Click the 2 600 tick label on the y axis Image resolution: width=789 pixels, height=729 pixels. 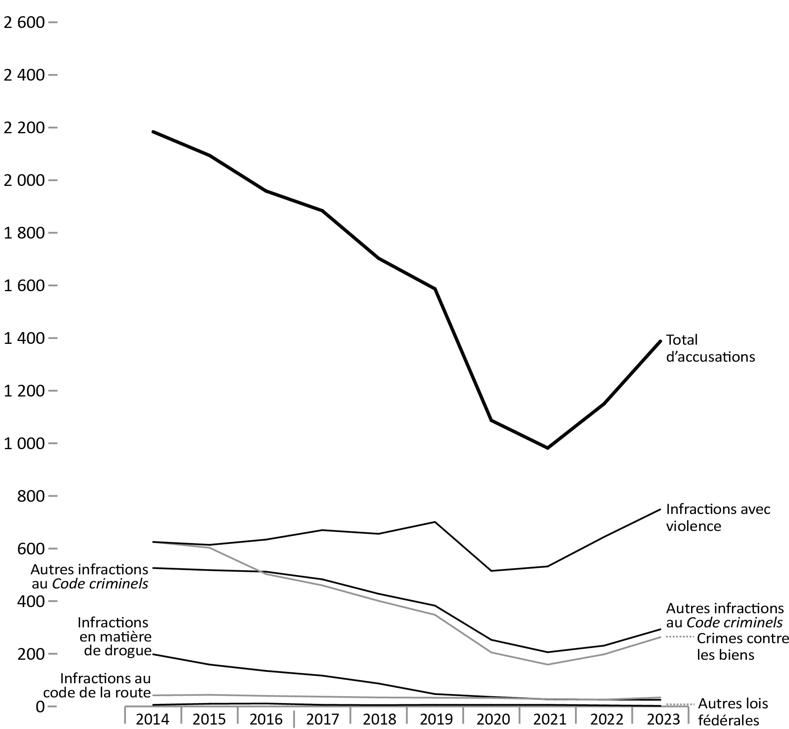click(x=23, y=23)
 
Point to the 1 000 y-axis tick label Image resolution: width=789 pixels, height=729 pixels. click(x=23, y=443)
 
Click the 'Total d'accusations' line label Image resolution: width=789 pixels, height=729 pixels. click(x=710, y=348)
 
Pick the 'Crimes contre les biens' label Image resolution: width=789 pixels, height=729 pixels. click(x=742, y=658)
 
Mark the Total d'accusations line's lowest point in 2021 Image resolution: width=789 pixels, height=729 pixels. click(x=548, y=448)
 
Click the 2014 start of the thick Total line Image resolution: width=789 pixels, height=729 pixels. click(x=153, y=132)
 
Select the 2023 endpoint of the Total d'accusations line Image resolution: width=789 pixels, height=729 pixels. click(x=660, y=341)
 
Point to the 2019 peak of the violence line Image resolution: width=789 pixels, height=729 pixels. click(x=435, y=522)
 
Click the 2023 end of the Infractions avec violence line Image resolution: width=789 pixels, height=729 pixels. click(x=660, y=509)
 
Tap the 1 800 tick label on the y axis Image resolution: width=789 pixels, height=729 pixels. click(x=23, y=233)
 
